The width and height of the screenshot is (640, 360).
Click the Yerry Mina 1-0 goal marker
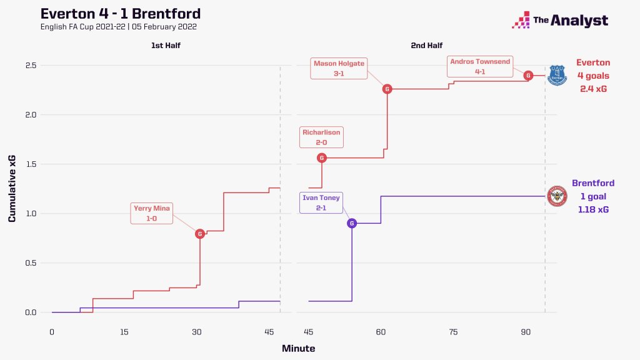coord(200,234)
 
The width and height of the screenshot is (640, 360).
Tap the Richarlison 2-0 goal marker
coord(322,158)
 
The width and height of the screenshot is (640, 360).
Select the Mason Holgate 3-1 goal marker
coord(387,89)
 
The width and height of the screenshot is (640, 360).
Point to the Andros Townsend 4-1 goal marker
coord(528,76)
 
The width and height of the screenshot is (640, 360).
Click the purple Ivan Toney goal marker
coord(352,223)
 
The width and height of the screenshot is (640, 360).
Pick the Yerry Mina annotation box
coord(152,213)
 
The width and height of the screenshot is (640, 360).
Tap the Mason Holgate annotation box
coord(339,68)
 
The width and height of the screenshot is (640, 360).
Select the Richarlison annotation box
coord(321,137)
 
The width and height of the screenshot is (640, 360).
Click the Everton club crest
coord(556,75)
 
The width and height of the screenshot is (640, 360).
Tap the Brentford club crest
coord(556,196)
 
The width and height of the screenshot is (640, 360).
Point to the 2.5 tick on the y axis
coord(30,66)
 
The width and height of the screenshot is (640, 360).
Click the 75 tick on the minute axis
coord(453,332)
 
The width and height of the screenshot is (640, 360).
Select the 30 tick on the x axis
coord(197,332)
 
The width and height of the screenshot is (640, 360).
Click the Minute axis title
coord(298,348)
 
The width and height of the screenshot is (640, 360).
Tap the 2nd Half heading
coord(426,46)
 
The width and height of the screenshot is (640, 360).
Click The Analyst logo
coord(560,21)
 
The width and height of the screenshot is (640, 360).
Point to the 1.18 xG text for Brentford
coord(594,209)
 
